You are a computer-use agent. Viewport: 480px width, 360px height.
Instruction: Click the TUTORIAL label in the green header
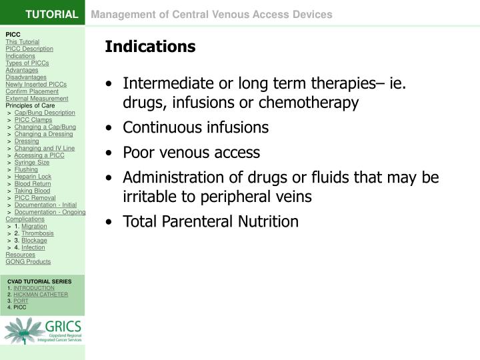[52, 14]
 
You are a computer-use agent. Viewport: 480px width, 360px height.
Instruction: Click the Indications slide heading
[149, 47]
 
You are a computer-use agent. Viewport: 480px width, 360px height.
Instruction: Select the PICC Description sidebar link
[29, 49]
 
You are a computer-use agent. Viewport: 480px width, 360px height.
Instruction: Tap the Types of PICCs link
[27, 63]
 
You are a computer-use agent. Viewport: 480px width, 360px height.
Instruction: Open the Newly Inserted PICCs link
[36, 85]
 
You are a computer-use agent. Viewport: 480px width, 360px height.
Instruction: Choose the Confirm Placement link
[32, 91]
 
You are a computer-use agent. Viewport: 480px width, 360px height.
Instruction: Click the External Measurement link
[37, 99]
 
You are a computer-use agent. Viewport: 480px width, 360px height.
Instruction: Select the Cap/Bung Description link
[45, 113]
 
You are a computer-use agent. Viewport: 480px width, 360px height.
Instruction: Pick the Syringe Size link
[32, 162]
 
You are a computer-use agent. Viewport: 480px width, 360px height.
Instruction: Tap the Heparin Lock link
[33, 177]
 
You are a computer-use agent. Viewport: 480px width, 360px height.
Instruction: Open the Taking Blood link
[32, 191]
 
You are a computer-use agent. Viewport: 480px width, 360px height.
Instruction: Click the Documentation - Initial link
[45, 205]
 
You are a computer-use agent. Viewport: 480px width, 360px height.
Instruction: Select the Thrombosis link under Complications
[38, 233]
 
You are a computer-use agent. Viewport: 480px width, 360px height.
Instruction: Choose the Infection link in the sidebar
[33, 247]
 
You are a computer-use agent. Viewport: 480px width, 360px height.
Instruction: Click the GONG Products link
[28, 261]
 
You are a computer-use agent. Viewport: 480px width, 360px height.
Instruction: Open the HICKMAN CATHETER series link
[41, 294]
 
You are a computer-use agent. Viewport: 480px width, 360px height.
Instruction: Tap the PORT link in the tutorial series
[21, 301]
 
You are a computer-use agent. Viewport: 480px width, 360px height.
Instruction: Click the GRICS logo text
[63, 327]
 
